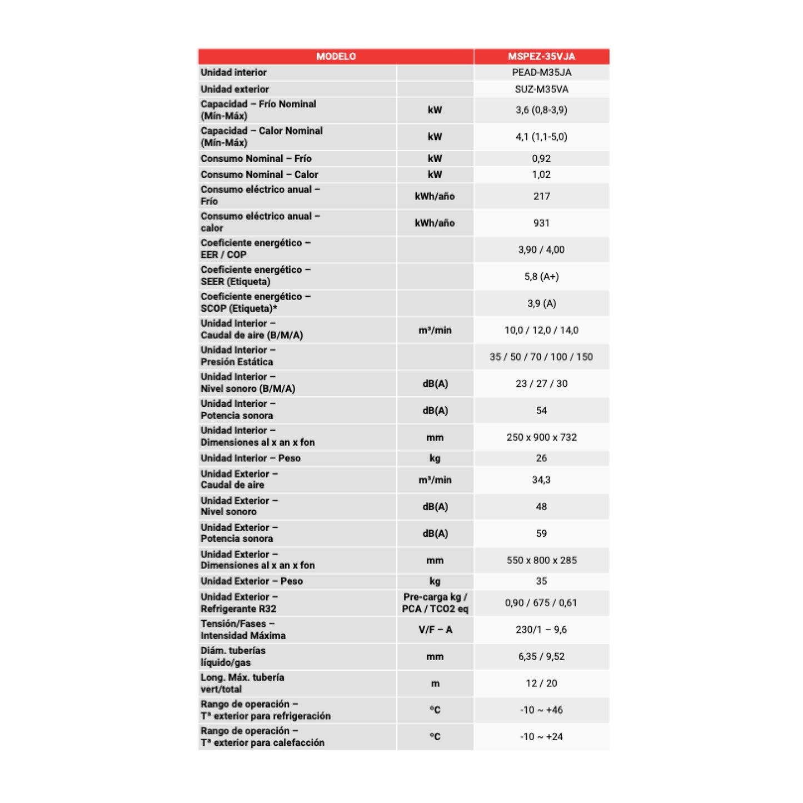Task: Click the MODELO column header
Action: click(336, 56)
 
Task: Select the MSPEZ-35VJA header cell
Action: click(541, 56)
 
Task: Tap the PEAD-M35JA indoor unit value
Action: click(541, 72)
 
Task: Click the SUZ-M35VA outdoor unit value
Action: click(541, 89)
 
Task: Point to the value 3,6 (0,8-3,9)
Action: click(541, 110)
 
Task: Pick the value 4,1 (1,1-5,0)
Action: click(541, 137)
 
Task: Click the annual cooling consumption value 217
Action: click(541, 196)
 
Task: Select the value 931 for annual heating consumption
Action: click(541, 223)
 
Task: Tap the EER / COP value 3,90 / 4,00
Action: click(541, 250)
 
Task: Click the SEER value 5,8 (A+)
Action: click(541, 277)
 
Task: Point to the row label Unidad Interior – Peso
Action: click(251, 458)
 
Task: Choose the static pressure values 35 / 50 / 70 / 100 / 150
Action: click(541, 357)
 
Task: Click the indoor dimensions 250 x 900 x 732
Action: click(541, 437)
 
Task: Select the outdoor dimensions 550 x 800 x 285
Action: click(541, 560)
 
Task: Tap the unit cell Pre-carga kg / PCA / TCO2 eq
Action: click(435, 603)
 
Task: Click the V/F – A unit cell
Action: click(435, 630)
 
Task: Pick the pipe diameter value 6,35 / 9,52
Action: click(541, 656)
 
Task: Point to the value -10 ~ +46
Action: click(541, 710)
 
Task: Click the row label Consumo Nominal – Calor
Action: click(260, 174)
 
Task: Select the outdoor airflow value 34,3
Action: click(541, 480)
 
